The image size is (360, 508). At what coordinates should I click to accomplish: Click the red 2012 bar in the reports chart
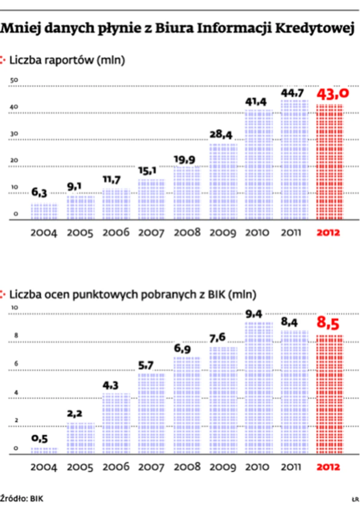(330, 162)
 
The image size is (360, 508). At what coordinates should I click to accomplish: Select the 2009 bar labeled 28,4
(223, 181)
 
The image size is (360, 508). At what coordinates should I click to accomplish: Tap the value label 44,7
(294, 93)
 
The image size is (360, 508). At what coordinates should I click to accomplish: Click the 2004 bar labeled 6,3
(44, 211)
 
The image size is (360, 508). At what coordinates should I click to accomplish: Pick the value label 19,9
(187, 158)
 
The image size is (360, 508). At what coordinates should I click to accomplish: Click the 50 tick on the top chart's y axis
(14, 80)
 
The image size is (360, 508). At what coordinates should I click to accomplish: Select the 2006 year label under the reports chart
(116, 233)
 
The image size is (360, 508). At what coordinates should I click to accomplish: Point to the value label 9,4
(258, 315)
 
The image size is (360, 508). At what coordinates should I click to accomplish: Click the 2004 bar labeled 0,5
(44, 451)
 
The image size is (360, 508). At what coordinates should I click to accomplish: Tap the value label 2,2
(80, 414)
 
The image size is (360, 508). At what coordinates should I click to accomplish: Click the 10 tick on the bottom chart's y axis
(14, 307)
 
